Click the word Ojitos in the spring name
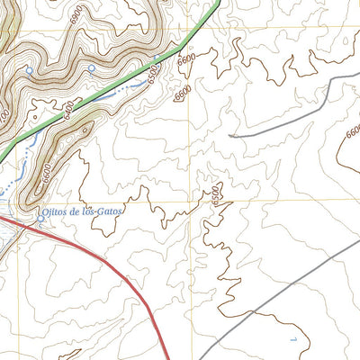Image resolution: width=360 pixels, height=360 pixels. click(56, 211)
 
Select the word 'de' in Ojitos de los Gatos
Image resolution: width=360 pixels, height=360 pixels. click(77, 211)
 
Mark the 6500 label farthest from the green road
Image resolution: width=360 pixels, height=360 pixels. click(215, 193)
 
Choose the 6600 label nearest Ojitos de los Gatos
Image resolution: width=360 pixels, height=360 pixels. click(48, 176)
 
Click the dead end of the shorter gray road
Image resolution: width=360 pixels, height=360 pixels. click(230, 136)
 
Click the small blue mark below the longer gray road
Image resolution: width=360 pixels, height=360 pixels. click(293, 338)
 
